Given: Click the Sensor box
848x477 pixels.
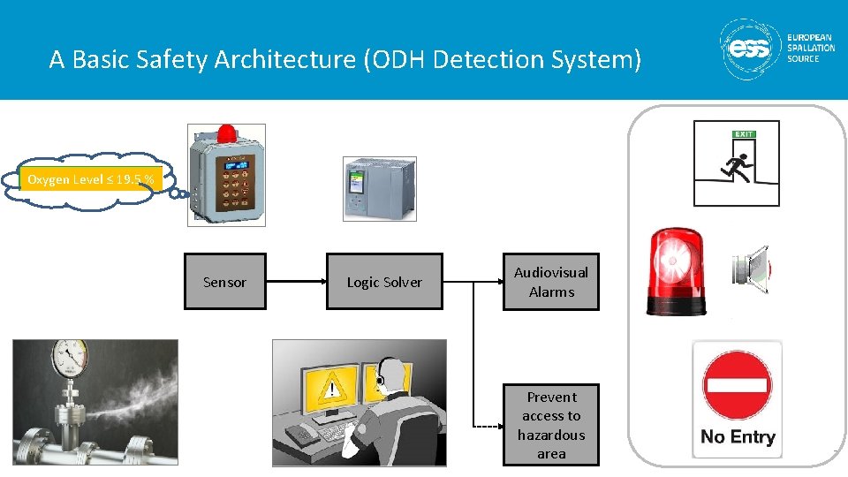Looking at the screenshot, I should click(224, 282).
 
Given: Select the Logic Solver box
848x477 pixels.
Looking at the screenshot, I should click(384, 282).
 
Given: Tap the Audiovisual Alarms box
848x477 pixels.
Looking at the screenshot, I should click(551, 282).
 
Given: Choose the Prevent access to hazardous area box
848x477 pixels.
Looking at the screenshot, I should click(551, 425).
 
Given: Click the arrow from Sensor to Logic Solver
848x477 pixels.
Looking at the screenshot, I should click(296, 282).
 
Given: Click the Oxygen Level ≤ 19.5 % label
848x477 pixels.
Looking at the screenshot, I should click(91, 179).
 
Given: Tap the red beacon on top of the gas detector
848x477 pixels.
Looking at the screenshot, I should click(227, 133).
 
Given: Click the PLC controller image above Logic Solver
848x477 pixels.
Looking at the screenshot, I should click(379, 188).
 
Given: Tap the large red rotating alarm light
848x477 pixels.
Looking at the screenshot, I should click(677, 271).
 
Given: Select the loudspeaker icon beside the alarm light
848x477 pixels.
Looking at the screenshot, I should click(751, 270).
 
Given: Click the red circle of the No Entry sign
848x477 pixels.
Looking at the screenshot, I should click(737, 386).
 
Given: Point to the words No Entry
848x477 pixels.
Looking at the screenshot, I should click(737, 437).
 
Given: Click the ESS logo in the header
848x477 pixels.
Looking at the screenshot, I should click(747, 49).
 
